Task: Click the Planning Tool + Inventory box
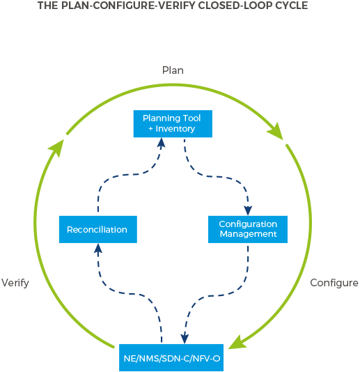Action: [173, 123]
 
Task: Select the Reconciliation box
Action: [98, 229]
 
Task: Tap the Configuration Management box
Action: [248, 229]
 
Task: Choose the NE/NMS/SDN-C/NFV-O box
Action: [171, 357]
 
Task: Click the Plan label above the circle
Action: [173, 70]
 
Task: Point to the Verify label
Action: [15, 283]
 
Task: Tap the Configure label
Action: [334, 283]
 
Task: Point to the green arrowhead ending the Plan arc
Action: [276, 131]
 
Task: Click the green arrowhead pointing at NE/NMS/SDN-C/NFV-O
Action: [237, 342]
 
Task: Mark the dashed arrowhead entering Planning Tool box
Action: [162, 143]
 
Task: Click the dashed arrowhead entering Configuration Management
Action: [248, 210]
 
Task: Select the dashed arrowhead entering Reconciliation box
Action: [98, 249]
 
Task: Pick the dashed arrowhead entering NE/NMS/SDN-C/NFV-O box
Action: [185, 339]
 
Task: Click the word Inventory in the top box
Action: [175, 129]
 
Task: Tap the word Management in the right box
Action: [248, 234]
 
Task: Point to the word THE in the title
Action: [48, 6]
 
